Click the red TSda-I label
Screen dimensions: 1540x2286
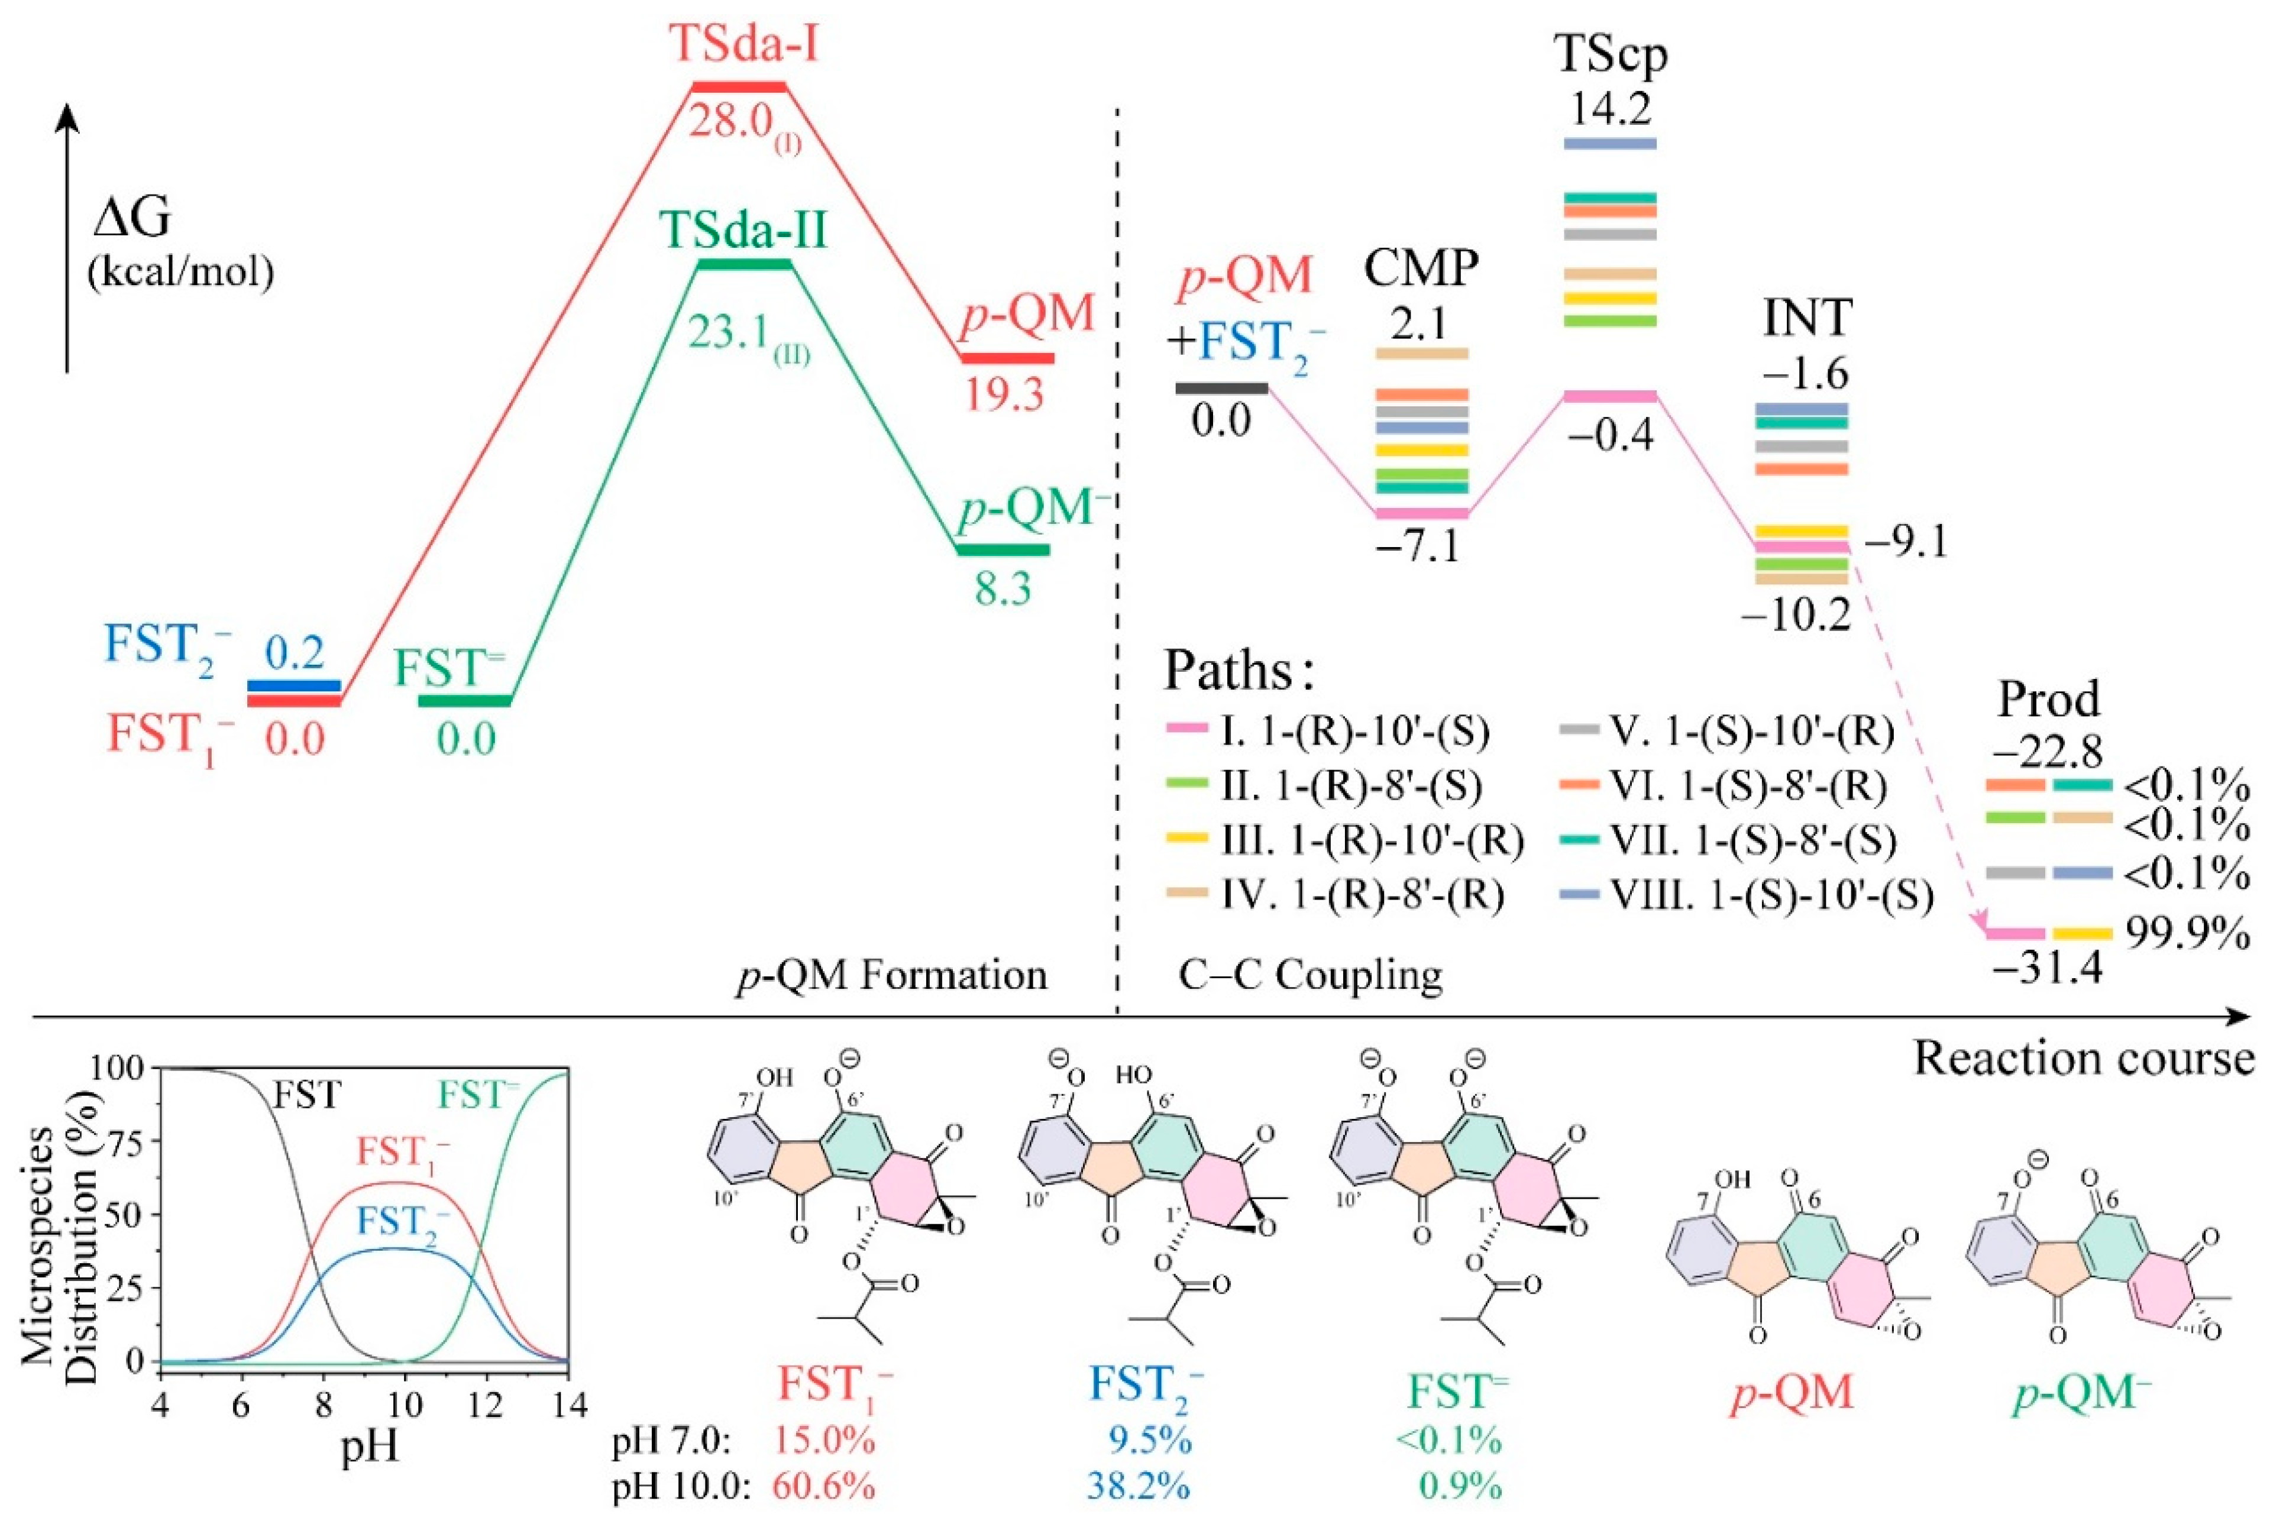click(x=743, y=43)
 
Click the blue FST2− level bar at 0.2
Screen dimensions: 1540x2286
click(x=293, y=685)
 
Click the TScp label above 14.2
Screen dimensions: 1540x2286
click(x=1611, y=55)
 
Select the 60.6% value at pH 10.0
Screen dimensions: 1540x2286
click(x=823, y=1486)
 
